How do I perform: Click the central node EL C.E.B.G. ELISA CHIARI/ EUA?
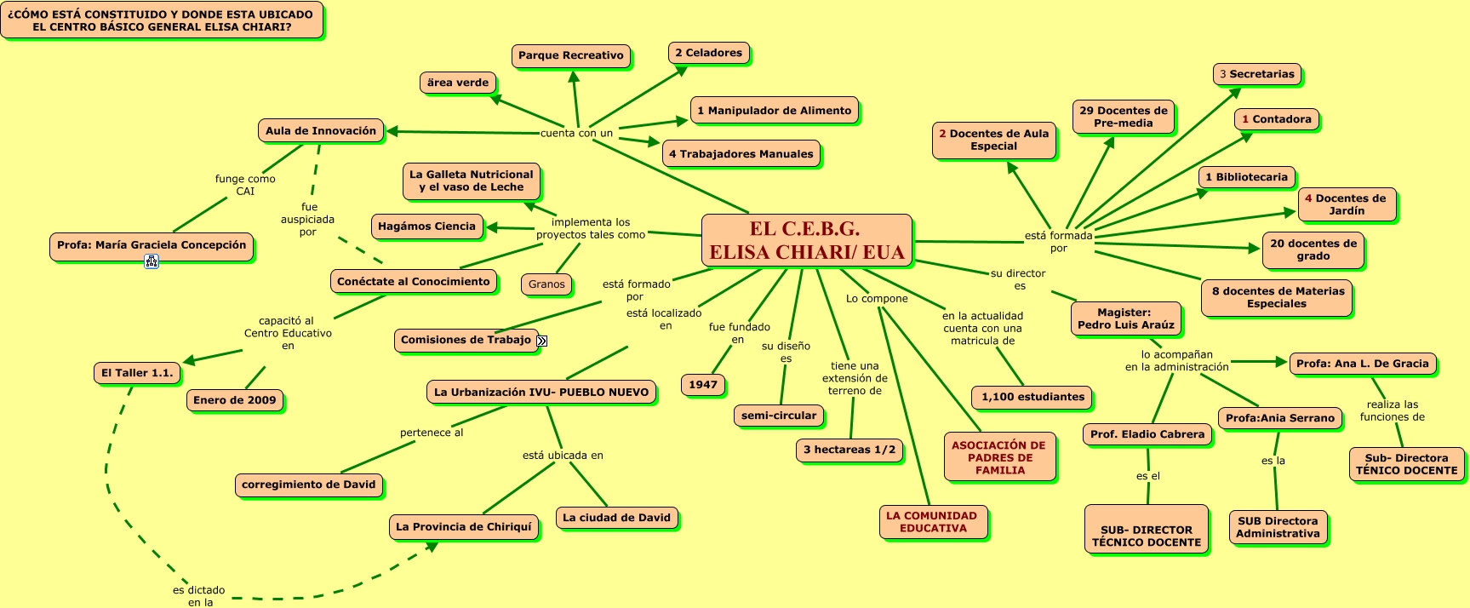click(806, 240)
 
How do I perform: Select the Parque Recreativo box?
click(571, 55)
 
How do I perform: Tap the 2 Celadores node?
click(708, 53)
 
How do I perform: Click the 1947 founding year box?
click(703, 385)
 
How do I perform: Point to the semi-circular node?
click(778, 416)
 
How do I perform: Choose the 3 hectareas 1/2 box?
click(849, 450)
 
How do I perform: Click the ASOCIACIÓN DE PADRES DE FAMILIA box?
click(998, 457)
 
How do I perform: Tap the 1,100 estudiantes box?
click(1032, 397)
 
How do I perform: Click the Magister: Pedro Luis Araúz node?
click(1125, 318)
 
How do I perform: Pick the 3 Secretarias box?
click(1256, 74)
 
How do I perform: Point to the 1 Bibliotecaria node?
click(1246, 177)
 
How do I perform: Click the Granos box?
click(546, 284)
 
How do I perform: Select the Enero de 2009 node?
click(235, 400)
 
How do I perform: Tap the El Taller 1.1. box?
click(137, 373)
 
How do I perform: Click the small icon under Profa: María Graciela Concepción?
click(152, 261)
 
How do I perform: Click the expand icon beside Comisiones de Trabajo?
click(542, 341)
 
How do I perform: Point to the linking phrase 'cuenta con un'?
click(576, 133)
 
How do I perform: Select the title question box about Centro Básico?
click(161, 20)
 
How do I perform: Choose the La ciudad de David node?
click(616, 518)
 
